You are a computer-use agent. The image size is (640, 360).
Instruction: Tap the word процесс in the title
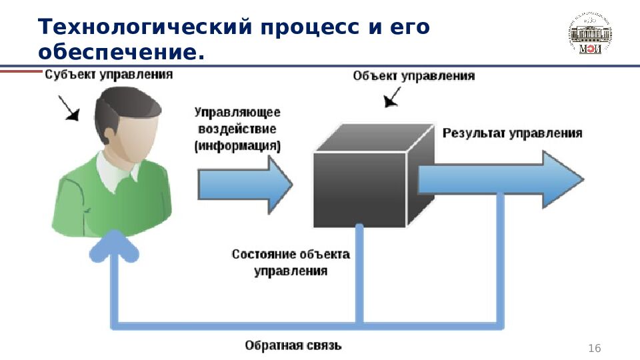tap(313, 27)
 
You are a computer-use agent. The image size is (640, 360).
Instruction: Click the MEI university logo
tap(590, 33)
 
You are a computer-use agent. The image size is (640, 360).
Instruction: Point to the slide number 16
tap(593, 349)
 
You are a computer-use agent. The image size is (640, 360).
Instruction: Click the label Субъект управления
tap(109, 75)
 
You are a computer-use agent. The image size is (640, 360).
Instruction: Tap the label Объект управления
tap(413, 76)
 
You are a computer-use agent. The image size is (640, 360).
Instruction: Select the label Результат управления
tap(512, 133)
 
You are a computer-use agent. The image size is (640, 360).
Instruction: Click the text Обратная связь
tap(293, 345)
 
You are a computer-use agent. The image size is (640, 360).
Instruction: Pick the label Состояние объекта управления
tap(291, 263)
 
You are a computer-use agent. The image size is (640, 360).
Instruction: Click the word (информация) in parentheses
tap(237, 145)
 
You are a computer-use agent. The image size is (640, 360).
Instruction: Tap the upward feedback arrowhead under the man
tap(114, 247)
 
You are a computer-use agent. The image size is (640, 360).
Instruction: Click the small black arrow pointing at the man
tap(69, 109)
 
